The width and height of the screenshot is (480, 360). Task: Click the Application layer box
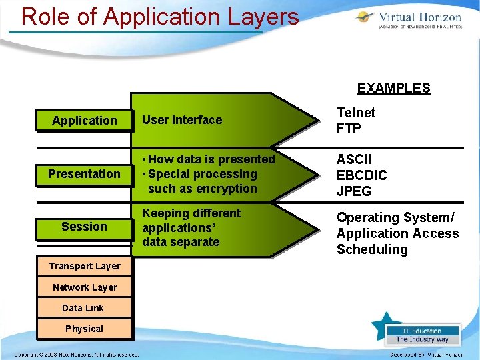click(x=84, y=121)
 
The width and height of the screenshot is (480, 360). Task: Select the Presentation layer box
click(x=84, y=174)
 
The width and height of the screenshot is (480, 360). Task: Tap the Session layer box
click(x=84, y=227)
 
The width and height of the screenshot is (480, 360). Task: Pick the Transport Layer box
click(x=85, y=266)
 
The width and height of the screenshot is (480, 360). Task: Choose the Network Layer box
click(x=85, y=287)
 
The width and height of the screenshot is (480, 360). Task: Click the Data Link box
click(x=83, y=308)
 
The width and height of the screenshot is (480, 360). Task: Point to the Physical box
click(x=84, y=329)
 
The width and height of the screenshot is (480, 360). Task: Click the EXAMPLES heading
click(x=393, y=88)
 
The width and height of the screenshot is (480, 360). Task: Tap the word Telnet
click(x=356, y=113)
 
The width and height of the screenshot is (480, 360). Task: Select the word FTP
click(x=349, y=129)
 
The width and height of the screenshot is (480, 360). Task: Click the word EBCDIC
click(x=361, y=175)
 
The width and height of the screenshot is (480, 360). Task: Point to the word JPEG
click(x=354, y=191)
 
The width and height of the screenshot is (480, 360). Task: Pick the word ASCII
click(x=354, y=159)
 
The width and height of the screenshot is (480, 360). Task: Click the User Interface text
click(x=182, y=120)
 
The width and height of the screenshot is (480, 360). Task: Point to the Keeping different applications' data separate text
click(x=191, y=227)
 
